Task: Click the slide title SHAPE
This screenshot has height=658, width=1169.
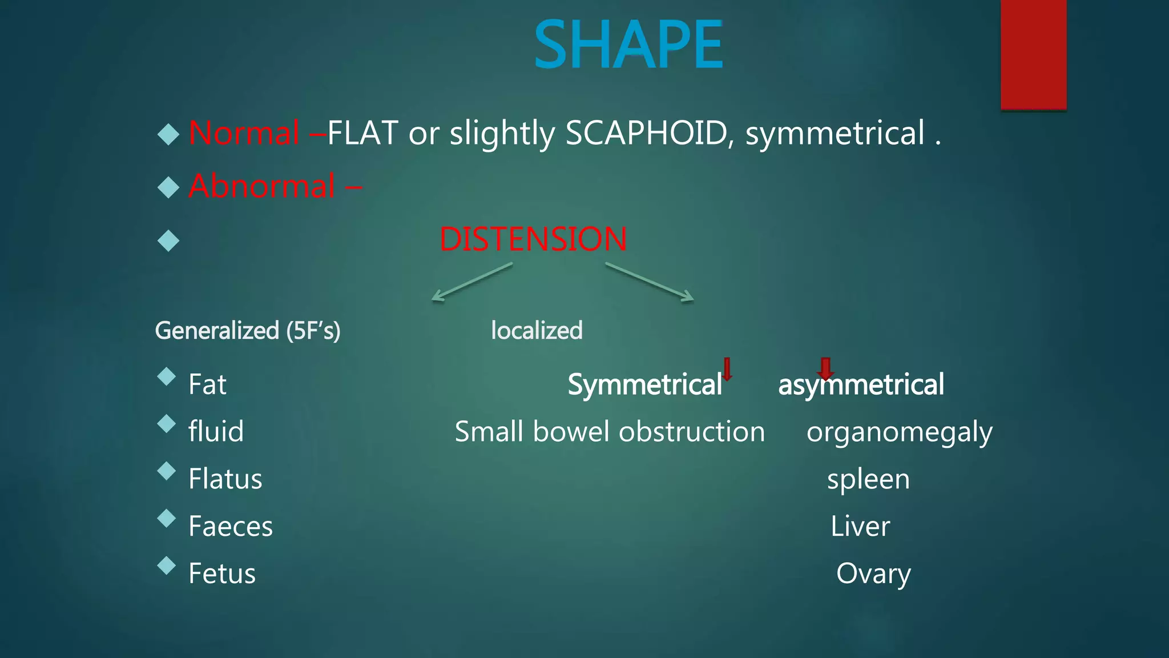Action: click(x=628, y=45)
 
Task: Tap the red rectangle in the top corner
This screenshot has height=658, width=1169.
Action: click(x=1033, y=54)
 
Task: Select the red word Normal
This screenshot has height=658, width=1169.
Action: click(x=244, y=133)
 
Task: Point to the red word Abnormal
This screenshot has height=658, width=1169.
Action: click(x=262, y=186)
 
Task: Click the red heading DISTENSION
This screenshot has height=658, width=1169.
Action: click(x=533, y=239)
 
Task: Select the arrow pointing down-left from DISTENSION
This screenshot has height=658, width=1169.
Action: click(x=471, y=282)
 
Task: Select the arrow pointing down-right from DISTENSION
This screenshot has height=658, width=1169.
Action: click(x=650, y=282)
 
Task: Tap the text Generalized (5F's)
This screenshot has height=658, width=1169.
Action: click(x=248, y=331)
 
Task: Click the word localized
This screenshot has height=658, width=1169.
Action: click(x=537, y=331)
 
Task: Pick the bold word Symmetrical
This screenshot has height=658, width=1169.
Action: click(x=644, y=384)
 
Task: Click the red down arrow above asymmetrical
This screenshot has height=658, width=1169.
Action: click(x=825, y=368)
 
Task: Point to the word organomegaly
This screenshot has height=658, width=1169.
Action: click(x=899, y=432)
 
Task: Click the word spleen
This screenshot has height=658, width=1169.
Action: click(x=868, y=479)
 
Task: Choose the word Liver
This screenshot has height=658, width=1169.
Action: click(x=860, y=526)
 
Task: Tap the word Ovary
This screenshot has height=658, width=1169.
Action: click(x=873, y=573)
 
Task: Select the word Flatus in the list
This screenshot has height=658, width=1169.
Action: click(x=225, y=479)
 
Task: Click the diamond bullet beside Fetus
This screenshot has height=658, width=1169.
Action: click(x=167, y=565)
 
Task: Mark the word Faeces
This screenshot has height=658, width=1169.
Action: click(x=231, y=526)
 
